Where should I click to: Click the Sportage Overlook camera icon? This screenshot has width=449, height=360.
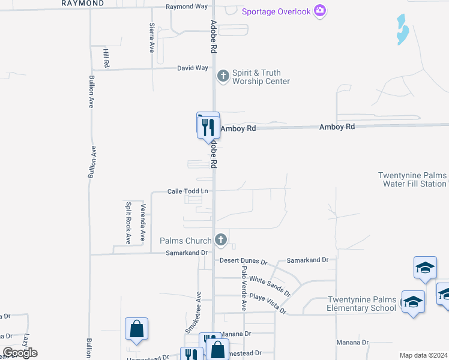pyautogui.click(x=320, y=11)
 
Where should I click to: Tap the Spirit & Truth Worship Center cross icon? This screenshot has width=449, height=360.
pyautogui.click(x=223, y=76)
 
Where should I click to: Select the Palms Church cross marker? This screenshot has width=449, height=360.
pyautogui.click(x=220, y=240)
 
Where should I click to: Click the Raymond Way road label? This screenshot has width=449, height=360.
pyautogui.click(x=187, y=7)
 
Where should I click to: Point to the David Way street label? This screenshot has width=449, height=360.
pyautogui.click(x=192, y=68)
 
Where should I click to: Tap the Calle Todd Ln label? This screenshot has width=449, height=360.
pyautogui.click(x=187, y=191)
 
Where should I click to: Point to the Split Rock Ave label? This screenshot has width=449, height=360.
pyautogui.click(x=128, y=222)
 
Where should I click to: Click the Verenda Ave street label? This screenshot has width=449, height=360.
pyautogui.click(x=143, y=222)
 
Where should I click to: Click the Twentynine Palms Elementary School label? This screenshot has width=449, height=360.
pyautogui.click(x=362, y=304)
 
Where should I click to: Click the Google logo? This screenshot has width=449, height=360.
pyautogui.click(x=20, y=353)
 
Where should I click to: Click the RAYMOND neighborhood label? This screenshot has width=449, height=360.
pyautogui.click(x=83, y=3)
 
